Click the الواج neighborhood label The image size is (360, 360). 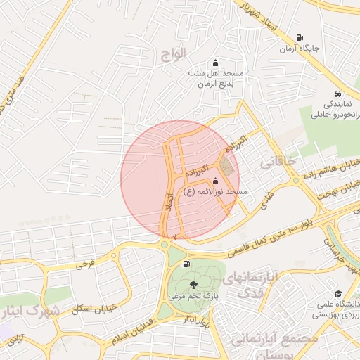172,53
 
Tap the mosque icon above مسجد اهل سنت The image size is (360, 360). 214,63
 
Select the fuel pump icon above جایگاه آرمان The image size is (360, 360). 300,38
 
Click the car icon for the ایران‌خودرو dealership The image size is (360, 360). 338,93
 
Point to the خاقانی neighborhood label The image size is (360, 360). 276,162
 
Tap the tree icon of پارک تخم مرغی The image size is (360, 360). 193,285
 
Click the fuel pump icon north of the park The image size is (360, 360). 186,264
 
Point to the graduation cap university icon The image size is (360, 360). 338,292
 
